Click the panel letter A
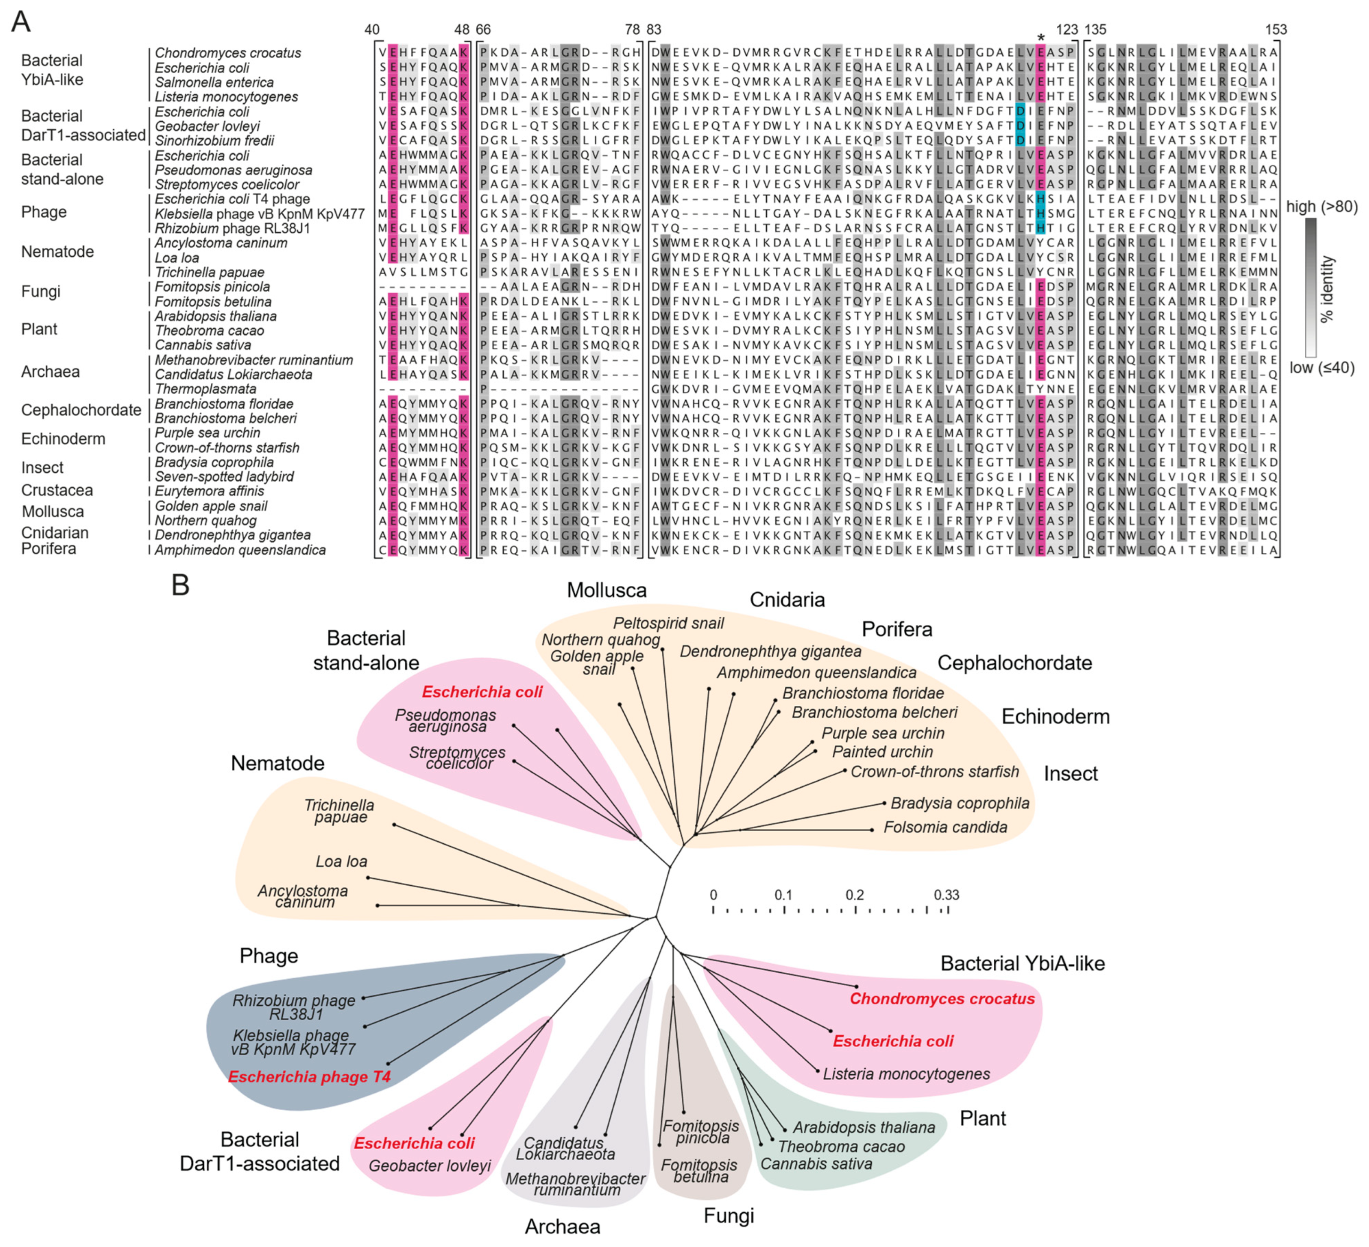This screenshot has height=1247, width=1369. point(21,22)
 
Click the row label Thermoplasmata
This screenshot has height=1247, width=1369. point(205,389)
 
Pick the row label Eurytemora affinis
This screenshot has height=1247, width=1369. point(209,491)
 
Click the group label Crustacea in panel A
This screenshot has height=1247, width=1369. point(57,490)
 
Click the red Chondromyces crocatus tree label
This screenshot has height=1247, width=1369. point(942,998)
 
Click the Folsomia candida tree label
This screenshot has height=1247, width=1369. point(945,827)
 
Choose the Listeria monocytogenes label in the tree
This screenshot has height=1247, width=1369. point(906,1074)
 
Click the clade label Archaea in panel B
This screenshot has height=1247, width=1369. point(562,1226)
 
